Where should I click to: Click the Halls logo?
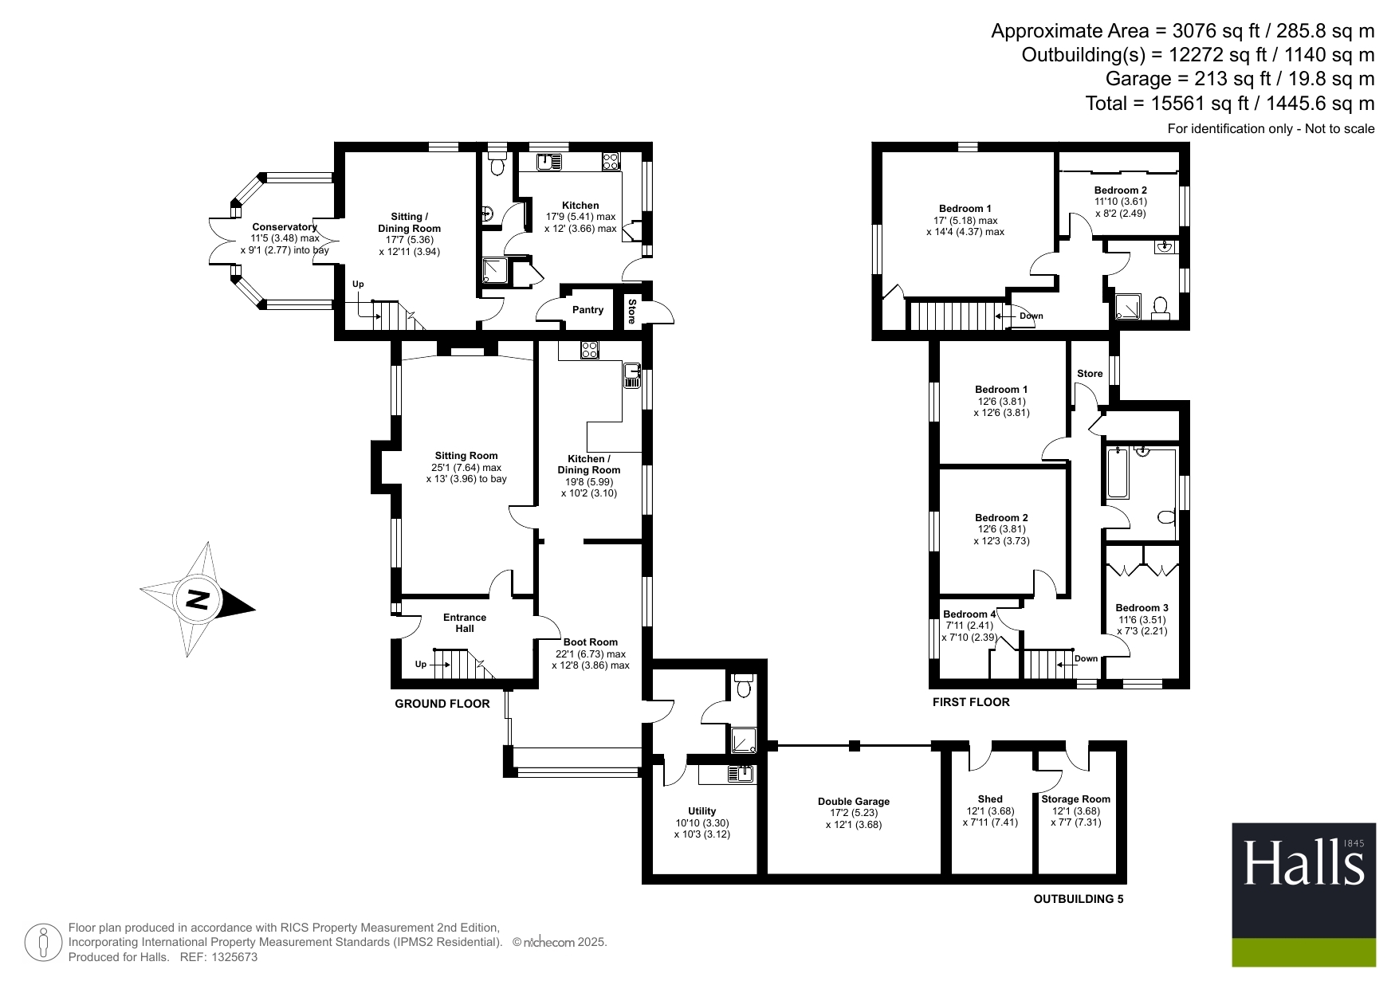1303,894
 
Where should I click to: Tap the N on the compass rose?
197,599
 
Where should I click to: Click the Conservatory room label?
285,227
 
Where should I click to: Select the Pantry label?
588,310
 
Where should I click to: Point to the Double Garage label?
854,802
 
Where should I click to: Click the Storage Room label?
1076,799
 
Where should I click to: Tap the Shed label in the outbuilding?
990,799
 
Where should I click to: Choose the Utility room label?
702,811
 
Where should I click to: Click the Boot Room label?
591,642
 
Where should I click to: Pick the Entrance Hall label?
465,623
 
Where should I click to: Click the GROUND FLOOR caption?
442,704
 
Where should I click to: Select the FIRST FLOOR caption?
971,702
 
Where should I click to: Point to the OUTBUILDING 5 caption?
1079,899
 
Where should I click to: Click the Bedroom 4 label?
969,614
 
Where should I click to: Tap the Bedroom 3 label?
1142,608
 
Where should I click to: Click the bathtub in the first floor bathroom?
1118,473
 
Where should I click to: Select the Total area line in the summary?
1230,104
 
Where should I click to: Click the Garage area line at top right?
1240,79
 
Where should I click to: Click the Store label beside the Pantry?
631,311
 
